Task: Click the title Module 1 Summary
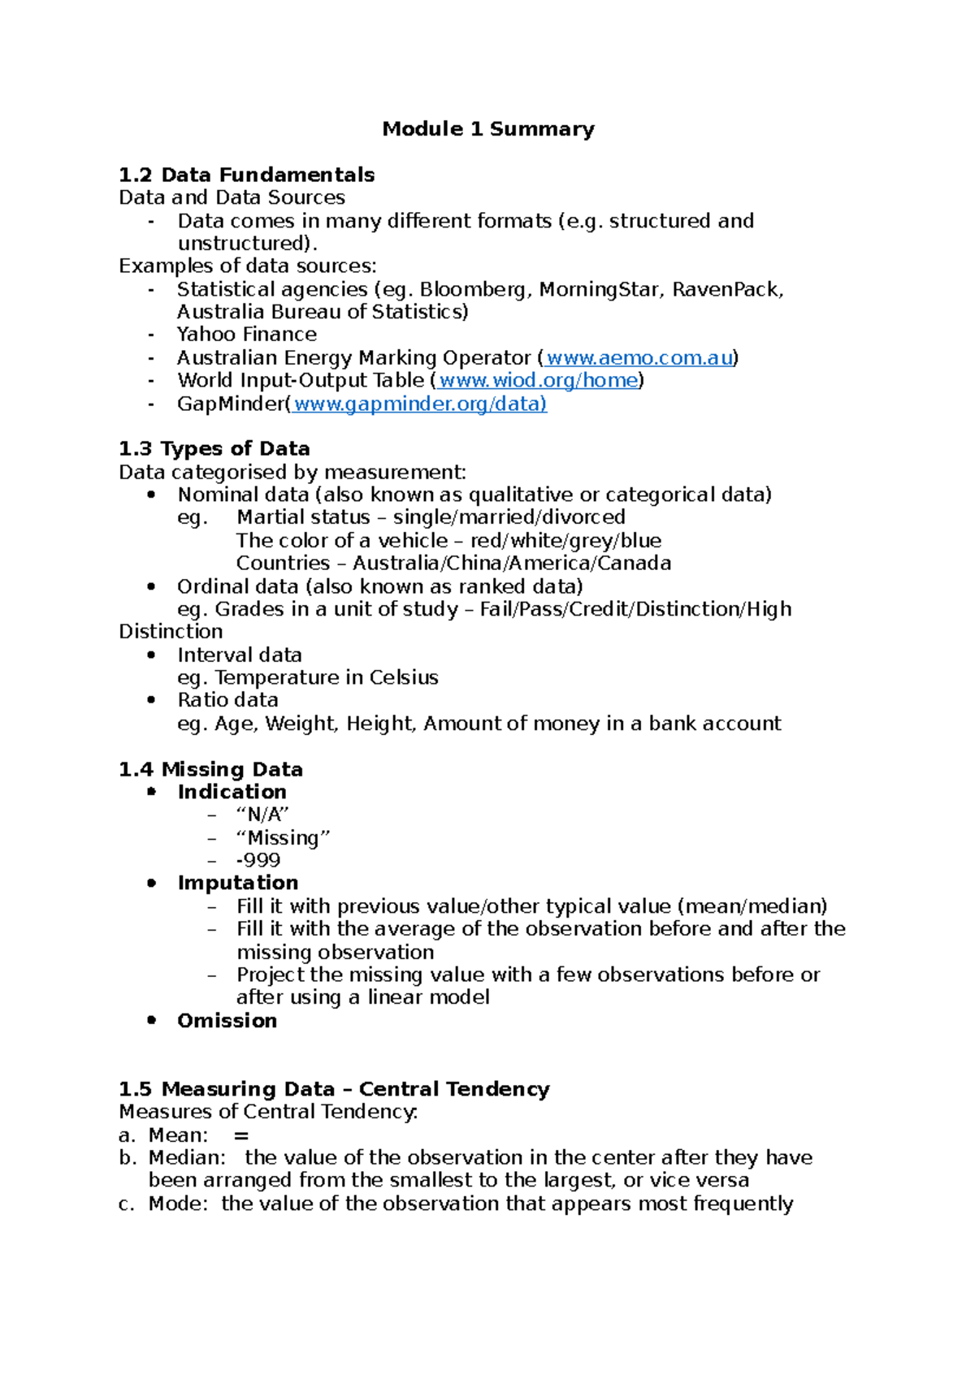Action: (488, 129)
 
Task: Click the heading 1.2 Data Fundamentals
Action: (246, 175)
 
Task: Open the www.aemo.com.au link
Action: (639, 358)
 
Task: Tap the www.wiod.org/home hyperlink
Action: (538, 381)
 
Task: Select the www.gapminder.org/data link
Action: (419, 404)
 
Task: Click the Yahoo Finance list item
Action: (246, 335)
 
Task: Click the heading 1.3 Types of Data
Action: (214, 449)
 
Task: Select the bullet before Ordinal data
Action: (151, 586)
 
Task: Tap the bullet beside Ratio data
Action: (151, 700)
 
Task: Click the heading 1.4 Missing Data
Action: (210, 769)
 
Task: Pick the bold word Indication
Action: (232, 792)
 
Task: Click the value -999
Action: (258, 860)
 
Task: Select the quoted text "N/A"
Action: (262, 815)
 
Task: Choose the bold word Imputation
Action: (237, 883)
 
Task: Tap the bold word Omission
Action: (227, 1021)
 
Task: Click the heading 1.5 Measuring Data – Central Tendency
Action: (334, 1089)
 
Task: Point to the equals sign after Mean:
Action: (240, 1136)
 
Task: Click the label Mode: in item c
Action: (178, 1204)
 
